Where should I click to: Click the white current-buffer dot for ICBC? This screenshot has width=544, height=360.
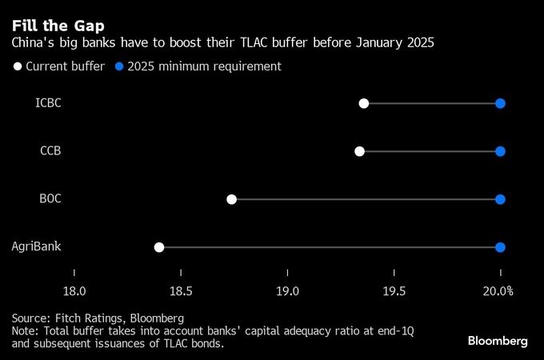(364, 103)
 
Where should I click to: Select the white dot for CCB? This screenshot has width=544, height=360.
(359, 151)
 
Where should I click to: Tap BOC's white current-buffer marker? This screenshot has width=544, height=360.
(232, 199)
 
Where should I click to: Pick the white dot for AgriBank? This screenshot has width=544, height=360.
(159, 247)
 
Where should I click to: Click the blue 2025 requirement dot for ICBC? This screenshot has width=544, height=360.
(500, 103)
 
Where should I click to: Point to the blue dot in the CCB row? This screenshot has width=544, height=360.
(500, 151)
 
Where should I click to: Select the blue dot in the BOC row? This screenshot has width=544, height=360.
(500, 199)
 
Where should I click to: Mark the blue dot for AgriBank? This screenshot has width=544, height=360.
(500, 247)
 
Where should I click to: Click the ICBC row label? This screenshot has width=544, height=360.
(48, 103)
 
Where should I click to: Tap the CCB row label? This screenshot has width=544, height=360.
(50, 151)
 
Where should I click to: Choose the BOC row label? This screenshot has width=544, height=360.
(50, 199)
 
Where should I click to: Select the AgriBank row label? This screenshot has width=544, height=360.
(37, 247)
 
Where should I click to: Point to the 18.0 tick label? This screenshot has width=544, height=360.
(74, 290)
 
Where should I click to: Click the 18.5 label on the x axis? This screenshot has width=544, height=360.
(181, 290)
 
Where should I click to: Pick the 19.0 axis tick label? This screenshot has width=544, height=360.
(287, 290)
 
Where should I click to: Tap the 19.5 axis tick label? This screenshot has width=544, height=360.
(394, 290)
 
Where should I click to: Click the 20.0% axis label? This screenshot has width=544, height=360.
(498, 290)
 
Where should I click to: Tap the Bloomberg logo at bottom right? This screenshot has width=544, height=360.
(498, 341)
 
